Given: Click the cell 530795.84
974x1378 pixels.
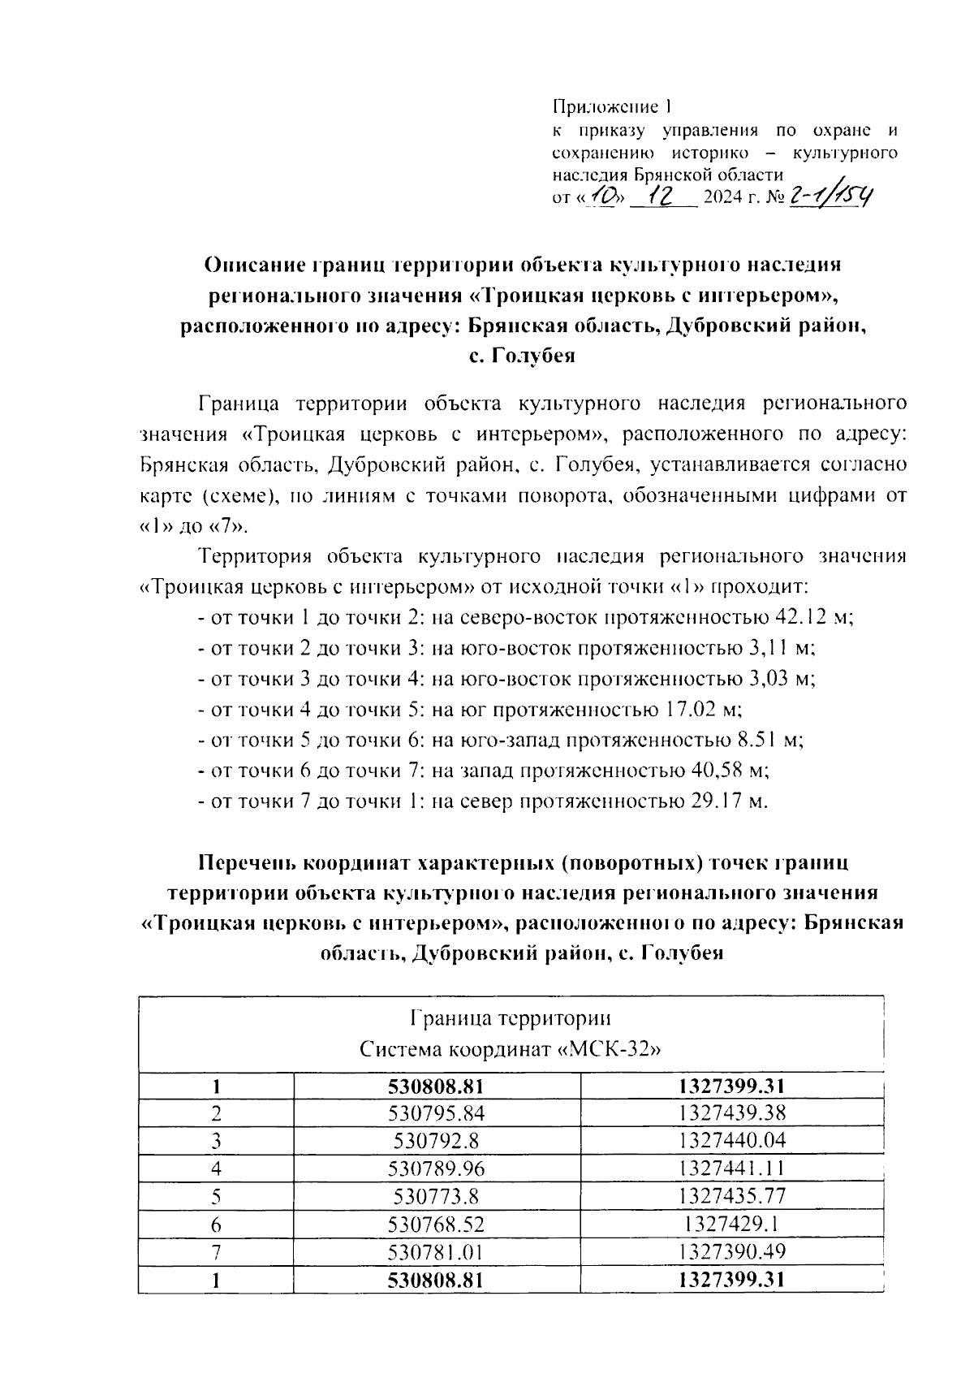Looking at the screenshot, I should click(x=437, y=1112).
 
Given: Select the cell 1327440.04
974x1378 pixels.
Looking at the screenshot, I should click(x=733, y=1141).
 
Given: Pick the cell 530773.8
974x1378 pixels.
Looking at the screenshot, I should click(x=437, y=1196).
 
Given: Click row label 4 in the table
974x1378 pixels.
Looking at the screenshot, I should click(x=216, y=1168).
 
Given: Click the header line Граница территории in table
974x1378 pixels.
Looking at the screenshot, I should click(x=511, y=1018).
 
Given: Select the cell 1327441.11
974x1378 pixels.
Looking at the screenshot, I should click(x=733, y=1168).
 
